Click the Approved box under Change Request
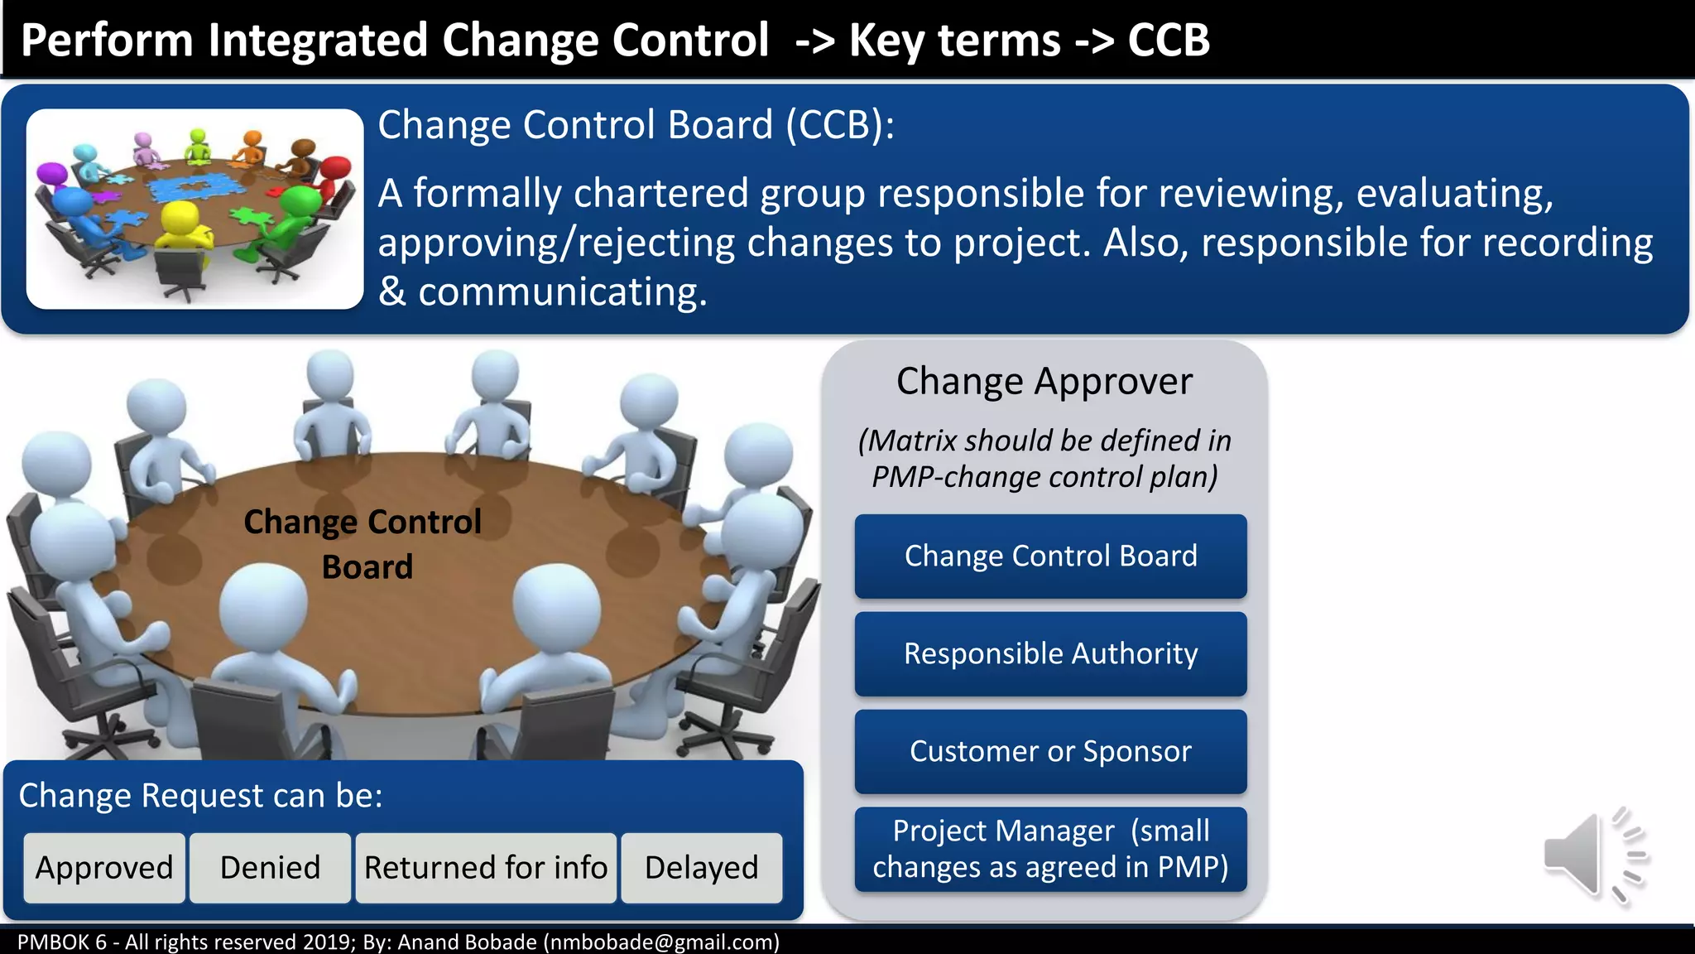tap(104, 867)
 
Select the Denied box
tap(270, 867)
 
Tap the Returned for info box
tap(486, 867)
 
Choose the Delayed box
tap(701, 867)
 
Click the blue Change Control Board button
tap(1050, 556)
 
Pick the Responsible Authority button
tap(1050, 653)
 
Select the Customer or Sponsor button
tap(1050, 751)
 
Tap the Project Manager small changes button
tap(1050, 849)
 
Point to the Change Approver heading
tap(1044, 382)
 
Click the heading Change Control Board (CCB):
tap(636, 125)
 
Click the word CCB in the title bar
tap(1169, 40)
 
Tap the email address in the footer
tap(660, 942)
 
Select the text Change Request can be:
tap(201, 795)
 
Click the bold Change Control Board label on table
tap(363, 544)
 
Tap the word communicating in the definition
tap(563, 292)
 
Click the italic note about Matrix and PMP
tap(1044, 459)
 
